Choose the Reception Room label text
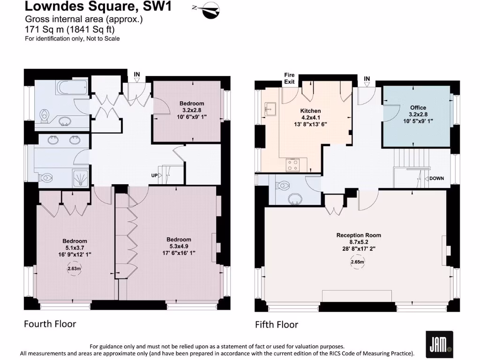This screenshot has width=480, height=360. point(359,235)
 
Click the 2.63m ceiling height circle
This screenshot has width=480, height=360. point(75,269)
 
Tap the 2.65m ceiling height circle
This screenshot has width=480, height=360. point(358,262)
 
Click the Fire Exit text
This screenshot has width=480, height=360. point(289,78)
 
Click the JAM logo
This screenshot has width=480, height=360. point(439,345)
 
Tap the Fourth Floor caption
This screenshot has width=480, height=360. point(50,323)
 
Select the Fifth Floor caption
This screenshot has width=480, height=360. point(276,324)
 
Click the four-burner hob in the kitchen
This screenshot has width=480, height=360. point(293,165)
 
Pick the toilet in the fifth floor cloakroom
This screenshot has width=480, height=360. point(284,185)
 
